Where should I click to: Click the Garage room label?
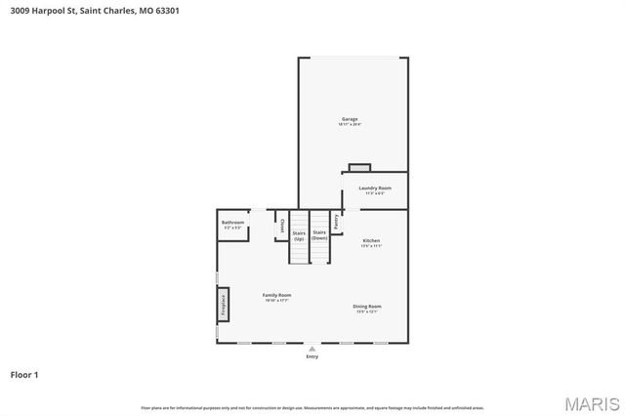point(350,119)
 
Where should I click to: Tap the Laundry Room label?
point(375,187)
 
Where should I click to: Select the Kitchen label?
point(371,240)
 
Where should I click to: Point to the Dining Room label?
point(367,306)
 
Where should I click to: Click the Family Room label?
point(276,295)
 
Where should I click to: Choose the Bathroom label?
point(232,223)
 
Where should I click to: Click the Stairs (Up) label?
point(299,235)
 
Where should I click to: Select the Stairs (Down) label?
point(319,235)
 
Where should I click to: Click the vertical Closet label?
point(281,226)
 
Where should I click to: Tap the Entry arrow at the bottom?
point(312,348)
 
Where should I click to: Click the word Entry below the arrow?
point(312,356)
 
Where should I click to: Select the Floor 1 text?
point(25,374)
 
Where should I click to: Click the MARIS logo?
point(588,402)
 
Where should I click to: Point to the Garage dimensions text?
point(350,125)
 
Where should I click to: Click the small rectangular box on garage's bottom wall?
point(359,168)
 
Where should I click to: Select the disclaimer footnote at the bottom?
point(312,407)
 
